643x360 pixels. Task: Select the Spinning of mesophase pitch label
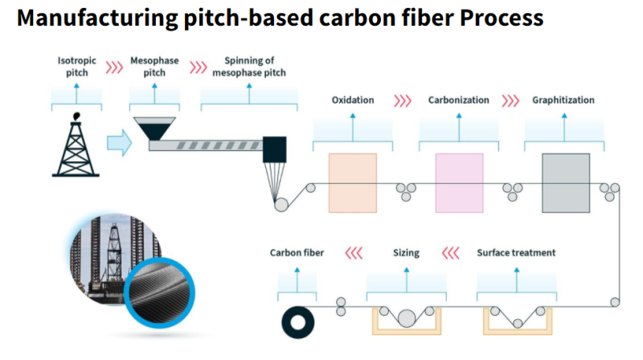(x=248, y=66)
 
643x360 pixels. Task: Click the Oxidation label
(x=352, y=100)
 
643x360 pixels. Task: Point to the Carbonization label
(x=458, y=100)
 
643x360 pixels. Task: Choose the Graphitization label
(x=563, y=100)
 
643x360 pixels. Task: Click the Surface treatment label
(x=516, y=253)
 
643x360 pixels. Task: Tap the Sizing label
(x=406, y=253)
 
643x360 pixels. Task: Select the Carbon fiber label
(x=297, y=253)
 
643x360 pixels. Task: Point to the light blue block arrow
(x=118, y=144)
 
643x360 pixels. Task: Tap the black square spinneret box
(x=274, y=147)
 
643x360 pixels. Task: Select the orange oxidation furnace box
(x=352, y=182)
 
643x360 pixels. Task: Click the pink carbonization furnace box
(x=459, y=182)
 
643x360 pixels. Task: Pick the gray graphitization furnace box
(x=564, y=182)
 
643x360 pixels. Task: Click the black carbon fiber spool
(x=299, y=323)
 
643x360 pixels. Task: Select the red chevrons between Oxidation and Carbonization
(x=402, y=100)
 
